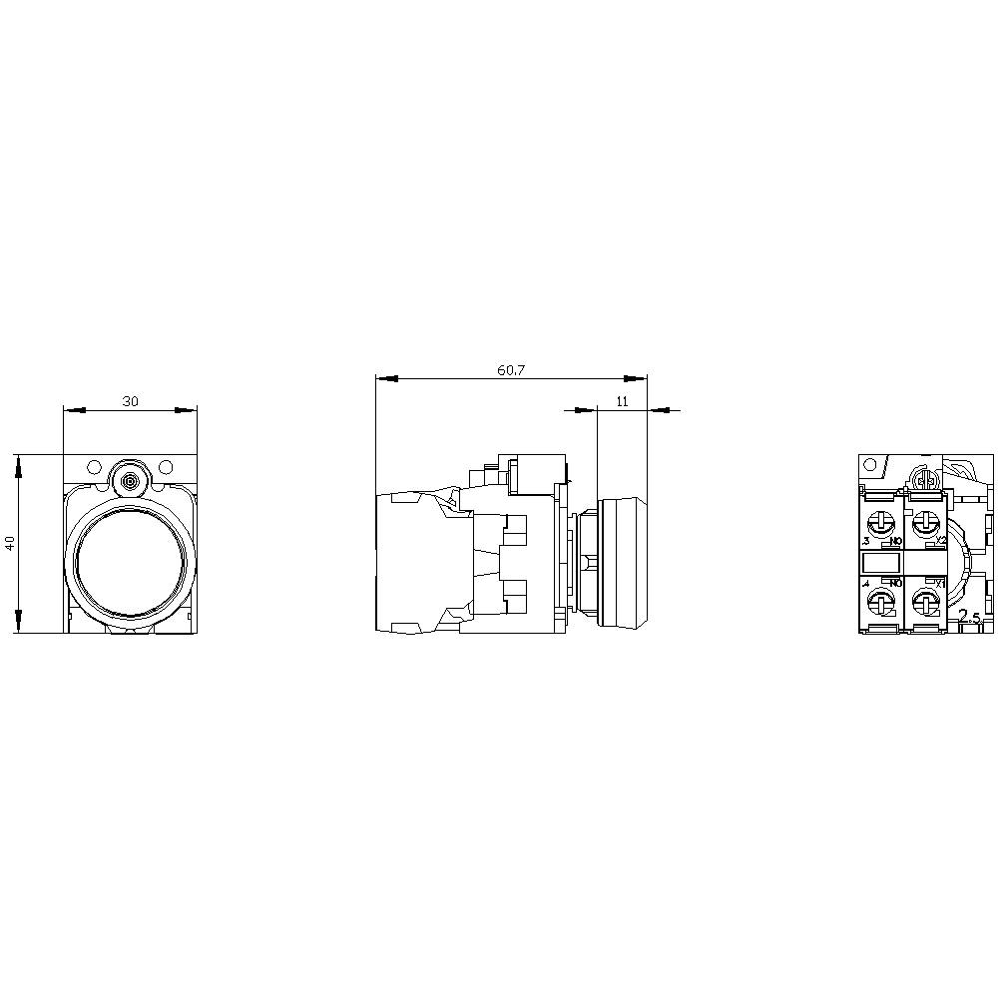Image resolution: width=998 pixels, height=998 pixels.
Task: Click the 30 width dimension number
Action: pos(130,401)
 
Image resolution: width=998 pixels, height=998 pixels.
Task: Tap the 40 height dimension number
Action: pos(10,544)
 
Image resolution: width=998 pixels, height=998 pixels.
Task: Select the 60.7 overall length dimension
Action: pos(511,370)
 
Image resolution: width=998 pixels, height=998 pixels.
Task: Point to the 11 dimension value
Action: pos(622,401)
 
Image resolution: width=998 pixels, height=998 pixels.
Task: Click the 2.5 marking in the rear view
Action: pos(968,618)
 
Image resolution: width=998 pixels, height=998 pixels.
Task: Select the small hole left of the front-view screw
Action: pos(94,466)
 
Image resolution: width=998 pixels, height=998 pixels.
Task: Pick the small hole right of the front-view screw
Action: pos(166,466)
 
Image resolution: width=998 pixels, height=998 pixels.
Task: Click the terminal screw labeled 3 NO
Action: pos(882,522)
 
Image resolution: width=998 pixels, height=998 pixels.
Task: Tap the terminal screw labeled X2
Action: pos(925,522)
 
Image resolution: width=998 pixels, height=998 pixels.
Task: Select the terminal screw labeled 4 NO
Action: pos(882,602)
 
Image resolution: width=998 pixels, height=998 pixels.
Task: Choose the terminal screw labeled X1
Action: pos(925,602)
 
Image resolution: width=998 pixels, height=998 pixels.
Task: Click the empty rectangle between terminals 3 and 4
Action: pos(881,562)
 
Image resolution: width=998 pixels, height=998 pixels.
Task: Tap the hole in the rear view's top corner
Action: pos(870,465)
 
